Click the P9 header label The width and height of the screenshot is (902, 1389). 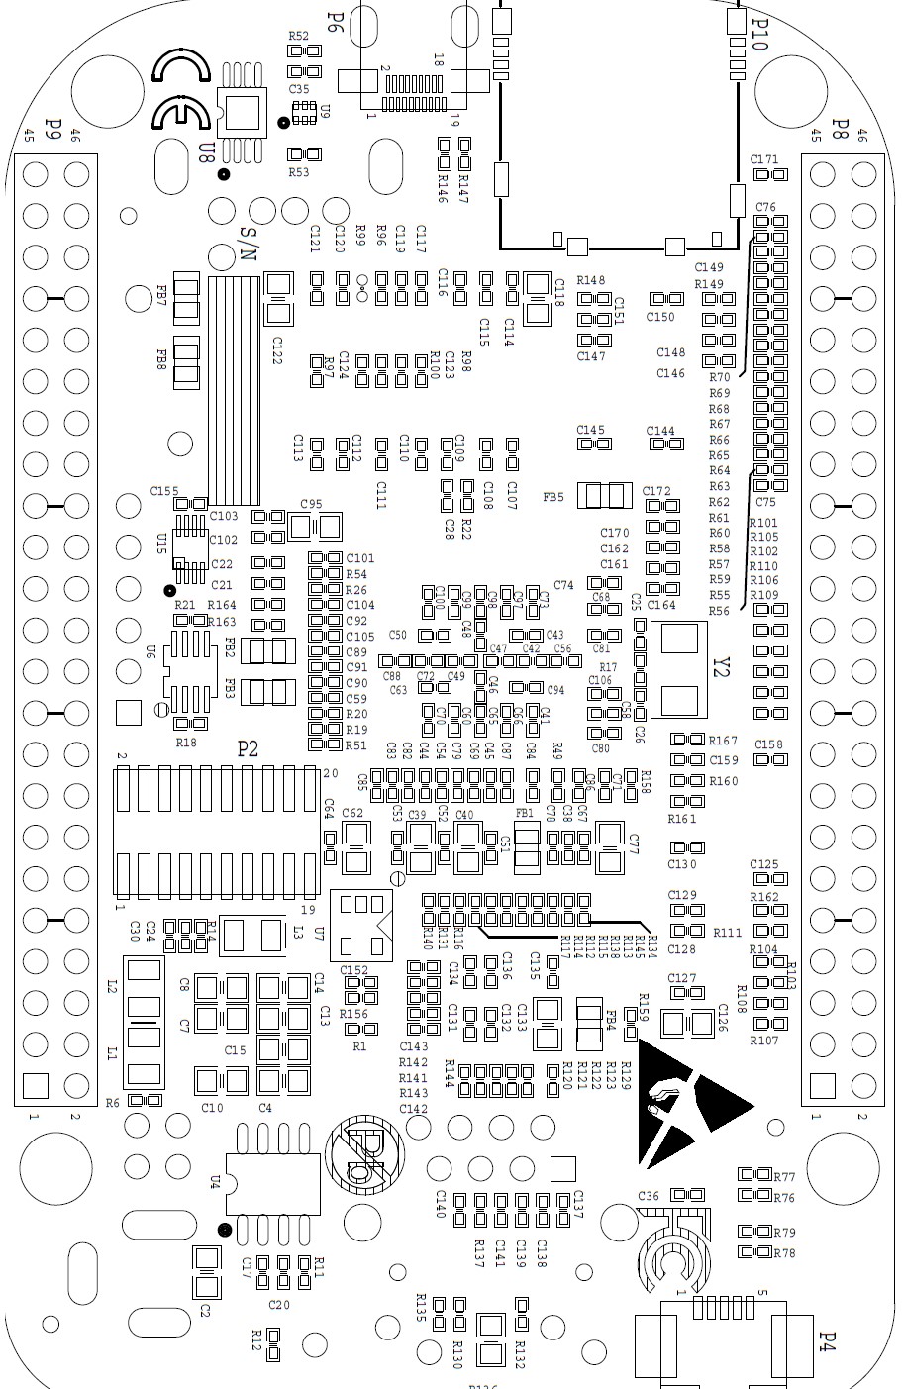[54, 130]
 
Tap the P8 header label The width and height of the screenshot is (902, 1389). [840, 130]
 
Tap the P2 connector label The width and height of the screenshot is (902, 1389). [248, 749]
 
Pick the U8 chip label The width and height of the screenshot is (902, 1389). [206, 152]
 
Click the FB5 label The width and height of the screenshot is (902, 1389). [553, 497]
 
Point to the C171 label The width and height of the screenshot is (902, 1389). [764, 158]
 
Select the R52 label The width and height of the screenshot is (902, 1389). [298, 36]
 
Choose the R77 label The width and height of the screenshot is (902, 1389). [785, 1177]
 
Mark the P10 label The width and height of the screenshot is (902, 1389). [760, 32]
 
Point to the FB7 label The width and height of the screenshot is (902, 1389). [161, 295]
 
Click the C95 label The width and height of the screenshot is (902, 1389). [311, 504]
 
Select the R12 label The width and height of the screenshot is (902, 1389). [255, 1339]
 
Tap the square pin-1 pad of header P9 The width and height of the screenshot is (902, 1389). [35, 1085]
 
